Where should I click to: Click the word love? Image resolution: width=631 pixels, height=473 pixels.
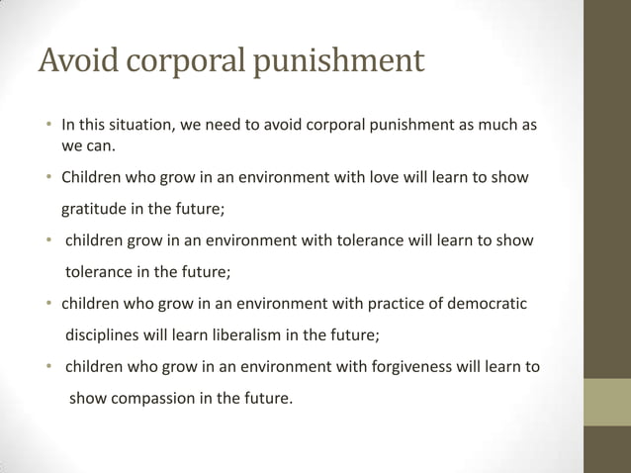[382, 178]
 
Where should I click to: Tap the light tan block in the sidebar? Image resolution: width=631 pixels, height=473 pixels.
[607, 403]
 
